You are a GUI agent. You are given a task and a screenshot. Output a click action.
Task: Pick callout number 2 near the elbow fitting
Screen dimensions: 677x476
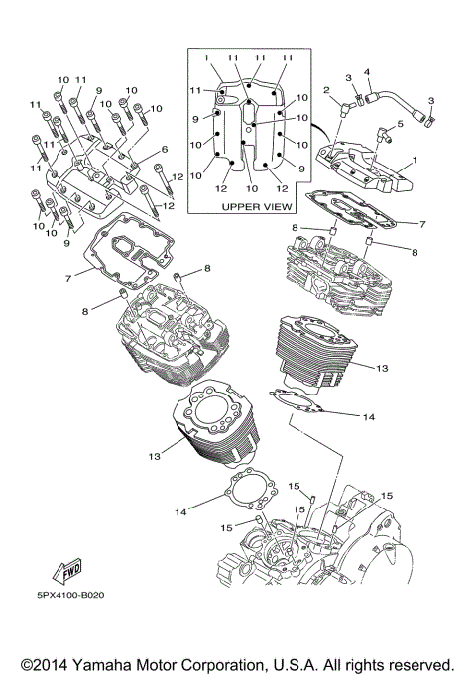325,91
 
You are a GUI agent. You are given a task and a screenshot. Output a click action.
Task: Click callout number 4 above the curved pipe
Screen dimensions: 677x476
367,72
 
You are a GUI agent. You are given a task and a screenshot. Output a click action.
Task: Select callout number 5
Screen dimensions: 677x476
400,124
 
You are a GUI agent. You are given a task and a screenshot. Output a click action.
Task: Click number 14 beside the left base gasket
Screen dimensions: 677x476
180,511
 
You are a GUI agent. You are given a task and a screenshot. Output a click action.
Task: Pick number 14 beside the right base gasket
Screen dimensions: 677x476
368,417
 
